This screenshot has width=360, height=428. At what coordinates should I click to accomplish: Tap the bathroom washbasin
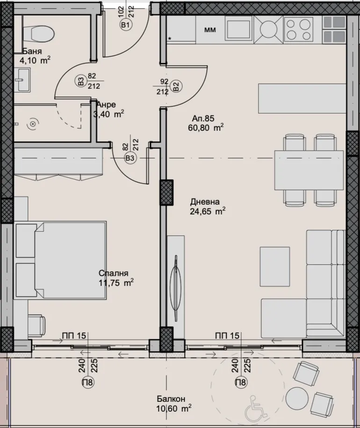(x=22, y=80)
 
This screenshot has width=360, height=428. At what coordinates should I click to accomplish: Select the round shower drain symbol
(x=33, y=124)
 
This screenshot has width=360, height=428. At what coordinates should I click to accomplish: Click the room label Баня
(x=32, y=51)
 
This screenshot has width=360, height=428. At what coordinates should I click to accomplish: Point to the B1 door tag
(x=125, y=26)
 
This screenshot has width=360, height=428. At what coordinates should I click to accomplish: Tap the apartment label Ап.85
(x=202, y=118)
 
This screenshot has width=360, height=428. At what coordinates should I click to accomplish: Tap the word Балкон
(x=171, y=399)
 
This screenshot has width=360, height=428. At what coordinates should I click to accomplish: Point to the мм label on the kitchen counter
(x=210, y=30)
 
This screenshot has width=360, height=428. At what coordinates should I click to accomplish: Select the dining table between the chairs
(x=309, y=170)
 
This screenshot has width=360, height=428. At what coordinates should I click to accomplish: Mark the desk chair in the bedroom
(x=36, y=323)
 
